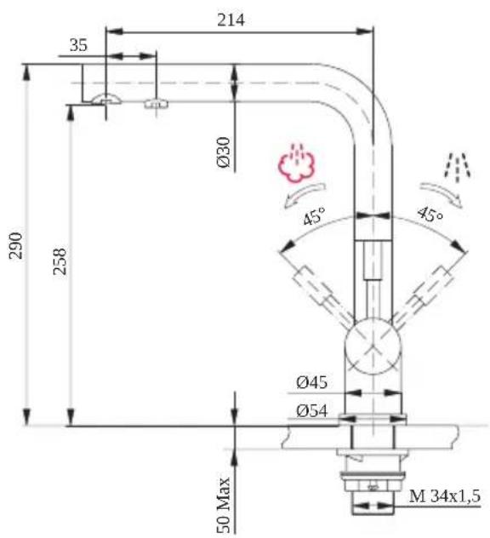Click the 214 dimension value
231,20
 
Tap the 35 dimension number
78,45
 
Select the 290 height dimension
16,246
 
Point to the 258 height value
60,260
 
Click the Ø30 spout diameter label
223,152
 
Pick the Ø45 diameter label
311,382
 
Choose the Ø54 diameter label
311,410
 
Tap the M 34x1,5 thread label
445,496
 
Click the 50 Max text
224,504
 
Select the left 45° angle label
314,216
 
